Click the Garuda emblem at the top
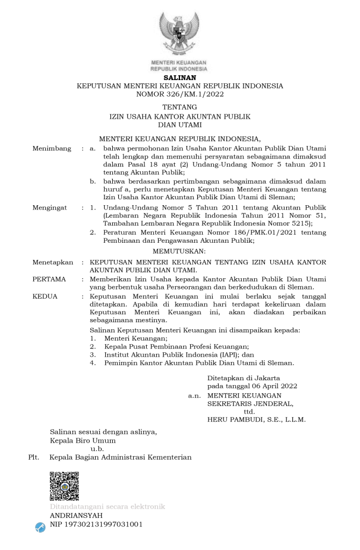point(179,33)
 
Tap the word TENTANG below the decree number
point(179,107)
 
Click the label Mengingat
point(49,207)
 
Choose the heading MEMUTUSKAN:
point(179,251)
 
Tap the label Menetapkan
point(52,262)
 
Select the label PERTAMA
point(49,279)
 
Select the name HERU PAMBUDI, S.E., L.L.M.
point(256,420)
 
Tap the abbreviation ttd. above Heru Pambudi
point(249,411)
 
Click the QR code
point(64,486)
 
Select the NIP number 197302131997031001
point(96,524)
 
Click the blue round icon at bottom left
point(40,527)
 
